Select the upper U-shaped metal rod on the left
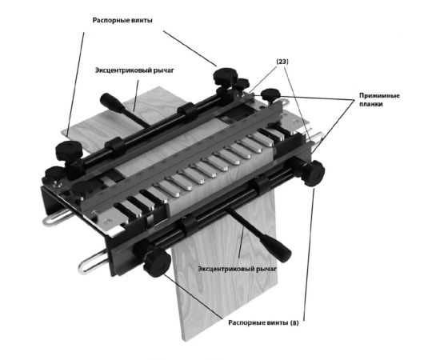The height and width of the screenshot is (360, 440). [54, 217]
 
